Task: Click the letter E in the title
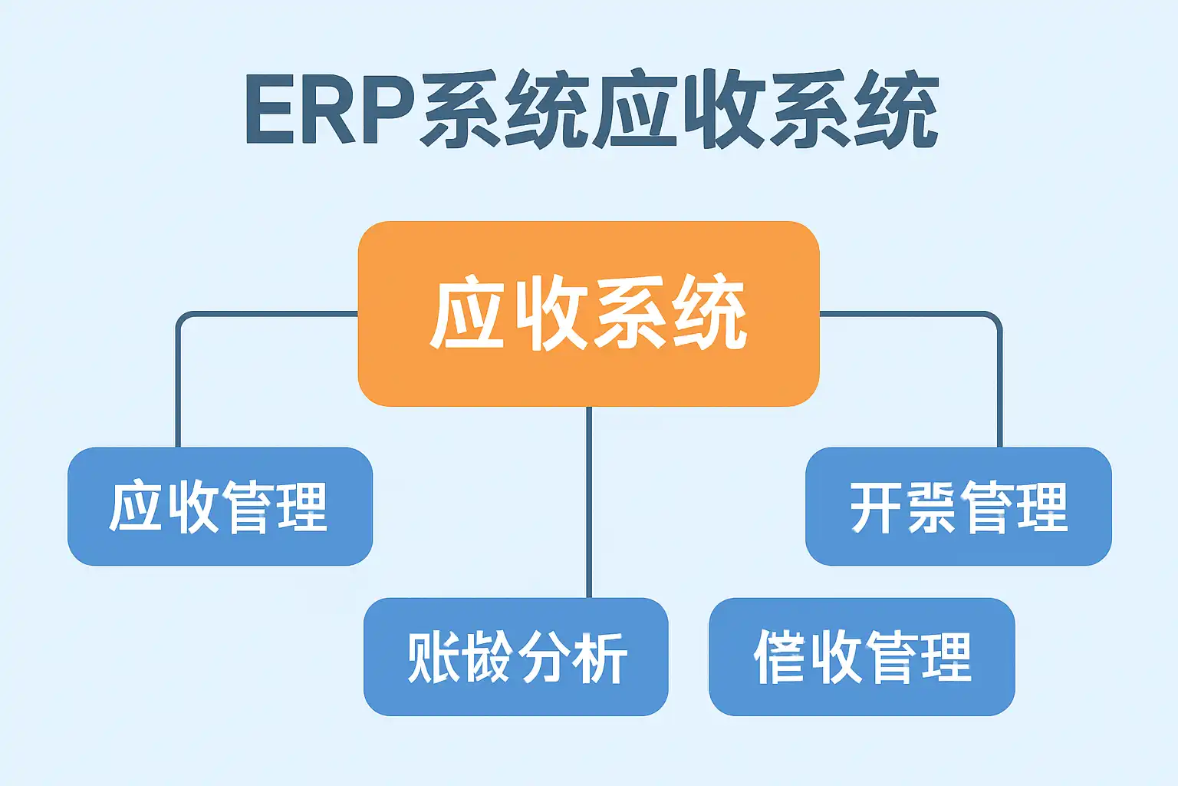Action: [x=269, y=111]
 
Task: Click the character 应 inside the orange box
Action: [x=468, y=313]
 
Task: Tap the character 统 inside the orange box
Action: [x=709, y=313]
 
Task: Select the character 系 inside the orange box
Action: [x=630, y=313]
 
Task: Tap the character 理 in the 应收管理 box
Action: [x=302, y=507]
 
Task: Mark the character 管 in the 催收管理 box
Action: [x=890, y=658]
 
